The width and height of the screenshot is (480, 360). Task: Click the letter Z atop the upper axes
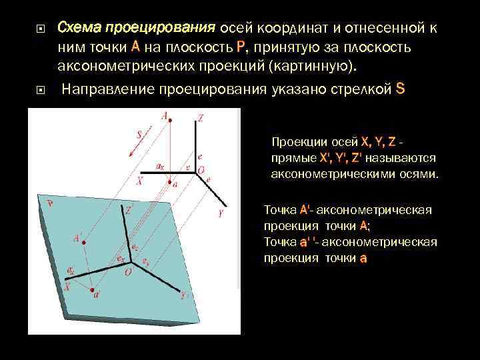pos(200,118)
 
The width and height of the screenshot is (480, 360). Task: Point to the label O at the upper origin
pos(201,170)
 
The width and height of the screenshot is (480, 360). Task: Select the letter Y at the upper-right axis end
pos(220,213)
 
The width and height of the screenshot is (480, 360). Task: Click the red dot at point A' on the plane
pos(85,244)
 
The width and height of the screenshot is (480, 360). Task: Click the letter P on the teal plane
pos(50,203)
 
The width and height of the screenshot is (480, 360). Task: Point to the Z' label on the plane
pos(128,209)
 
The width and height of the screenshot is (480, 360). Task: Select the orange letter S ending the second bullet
pos(400,89)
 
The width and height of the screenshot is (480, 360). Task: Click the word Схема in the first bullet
pos(75,28)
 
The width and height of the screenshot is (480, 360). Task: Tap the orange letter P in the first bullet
pos(241,47)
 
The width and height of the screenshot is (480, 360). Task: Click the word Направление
pos(108,89)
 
